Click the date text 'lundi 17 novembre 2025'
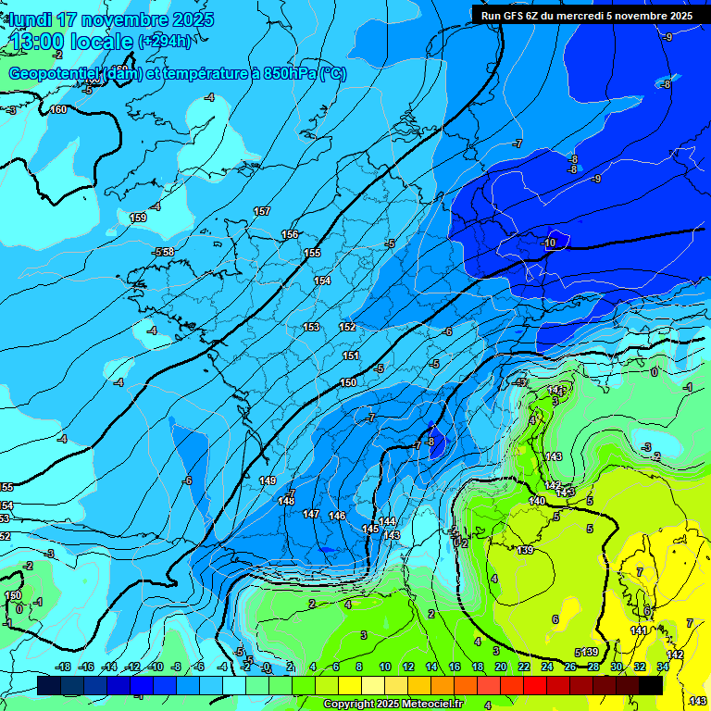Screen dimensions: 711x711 tap(111, 19)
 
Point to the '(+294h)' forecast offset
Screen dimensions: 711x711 tap(166, 41)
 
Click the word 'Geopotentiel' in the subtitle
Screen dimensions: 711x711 tap(55, 74)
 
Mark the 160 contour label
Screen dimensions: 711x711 tap(58, 110)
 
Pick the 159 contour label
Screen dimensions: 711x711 tap(138, 218)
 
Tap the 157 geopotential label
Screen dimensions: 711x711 tap(262, 212)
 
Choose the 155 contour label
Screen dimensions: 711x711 tap(312, 253)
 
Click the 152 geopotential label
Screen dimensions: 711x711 tap(347, 327)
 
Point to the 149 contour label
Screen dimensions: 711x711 tap(268, 480)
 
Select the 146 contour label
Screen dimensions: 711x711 tap(337, 516)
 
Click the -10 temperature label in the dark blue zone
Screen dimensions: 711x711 tap(549, 243)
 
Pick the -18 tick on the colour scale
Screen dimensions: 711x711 tap(64, 667)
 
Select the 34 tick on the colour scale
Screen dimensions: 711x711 tap(663, 667)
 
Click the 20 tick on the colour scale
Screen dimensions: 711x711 tap(501, 667)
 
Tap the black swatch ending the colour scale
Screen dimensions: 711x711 tap(651, 685)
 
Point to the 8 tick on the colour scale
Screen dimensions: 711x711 tap(361, 667)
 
